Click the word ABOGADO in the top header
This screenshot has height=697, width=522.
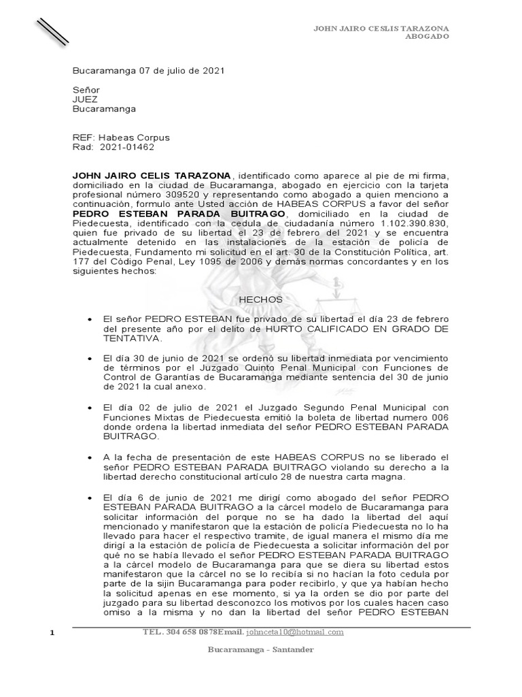coord(427,37)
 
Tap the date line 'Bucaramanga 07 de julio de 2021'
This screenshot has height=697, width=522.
coord(149,71)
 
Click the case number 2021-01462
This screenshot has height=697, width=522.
coord(127,147)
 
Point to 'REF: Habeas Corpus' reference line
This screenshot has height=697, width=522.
coord(121,137)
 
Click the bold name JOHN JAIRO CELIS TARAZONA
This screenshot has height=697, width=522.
coord(152,176)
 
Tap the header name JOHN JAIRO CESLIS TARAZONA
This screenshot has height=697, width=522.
coord(380,28)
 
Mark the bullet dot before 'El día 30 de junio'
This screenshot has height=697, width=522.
coord(90,359)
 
